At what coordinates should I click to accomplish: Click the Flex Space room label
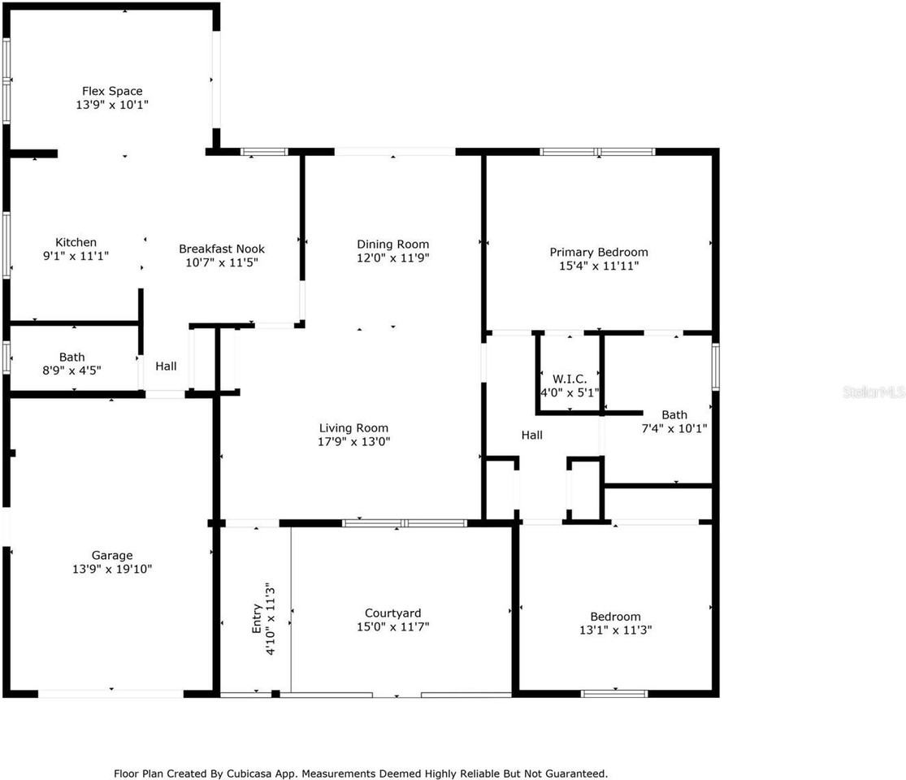click(112, 91)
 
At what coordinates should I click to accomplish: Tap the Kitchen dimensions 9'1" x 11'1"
click(76, 256)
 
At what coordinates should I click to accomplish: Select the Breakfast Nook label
click(222, 249)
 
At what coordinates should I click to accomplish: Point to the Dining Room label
click(393, 245)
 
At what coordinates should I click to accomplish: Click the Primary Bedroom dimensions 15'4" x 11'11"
click(599, 266)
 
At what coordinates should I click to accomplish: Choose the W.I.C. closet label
click(570, 379)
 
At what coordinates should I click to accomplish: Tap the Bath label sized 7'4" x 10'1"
click(674, 415)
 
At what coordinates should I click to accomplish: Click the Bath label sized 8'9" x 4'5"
click(72, 357)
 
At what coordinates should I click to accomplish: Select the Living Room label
click(353, 428)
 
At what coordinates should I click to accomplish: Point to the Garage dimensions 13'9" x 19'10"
click(112, 569)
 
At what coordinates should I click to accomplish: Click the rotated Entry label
click(257, 619)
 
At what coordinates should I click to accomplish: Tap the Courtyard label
click(393, 613)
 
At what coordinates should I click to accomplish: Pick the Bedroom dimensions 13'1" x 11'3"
click(615, 630)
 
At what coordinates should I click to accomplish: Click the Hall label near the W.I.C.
click(532, 435)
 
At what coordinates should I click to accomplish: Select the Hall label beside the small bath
click(166, 366)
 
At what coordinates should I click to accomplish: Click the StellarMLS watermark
click(873, 393)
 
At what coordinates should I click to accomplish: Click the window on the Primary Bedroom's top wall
click(597, 152)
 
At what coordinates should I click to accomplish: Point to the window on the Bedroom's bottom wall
click(614, 693)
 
